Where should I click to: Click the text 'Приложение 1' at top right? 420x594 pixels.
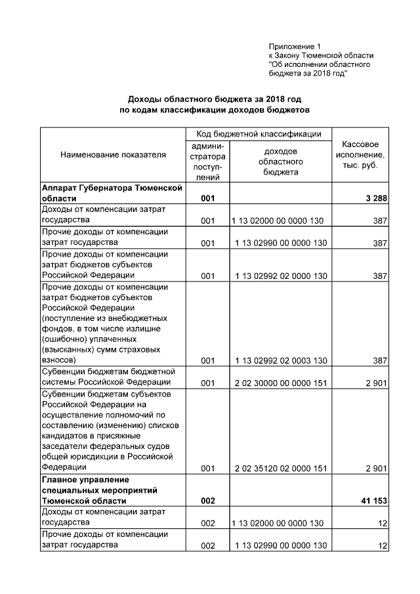tap(295, 47)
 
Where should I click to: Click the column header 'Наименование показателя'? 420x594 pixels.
tap(113, 155)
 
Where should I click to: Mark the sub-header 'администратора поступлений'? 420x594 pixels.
tap(208, 161)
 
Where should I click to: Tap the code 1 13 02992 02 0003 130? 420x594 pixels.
tap(280, 360)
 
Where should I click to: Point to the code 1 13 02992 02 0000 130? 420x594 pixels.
tap(280, 276)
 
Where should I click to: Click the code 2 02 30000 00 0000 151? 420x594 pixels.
tap(280, 383)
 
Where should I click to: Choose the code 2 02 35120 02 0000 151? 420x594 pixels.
tap(280, 468)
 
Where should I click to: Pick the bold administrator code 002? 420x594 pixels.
tap(208, 501)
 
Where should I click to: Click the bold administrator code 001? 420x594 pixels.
tap(208, 198)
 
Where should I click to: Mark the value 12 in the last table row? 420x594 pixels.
tap(382, 546)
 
